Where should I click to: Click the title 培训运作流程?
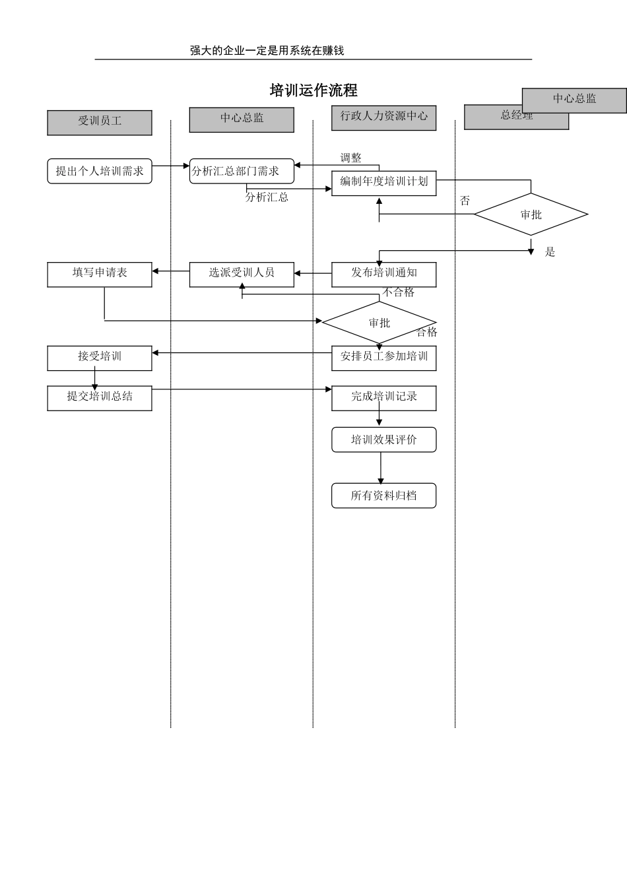313,90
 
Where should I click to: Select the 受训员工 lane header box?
100,123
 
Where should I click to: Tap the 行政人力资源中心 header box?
383,117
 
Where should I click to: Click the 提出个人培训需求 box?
100,171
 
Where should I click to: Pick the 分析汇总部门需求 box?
242,171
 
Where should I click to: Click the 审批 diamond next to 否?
531,214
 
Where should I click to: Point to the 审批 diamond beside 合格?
379,323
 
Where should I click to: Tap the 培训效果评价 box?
383,440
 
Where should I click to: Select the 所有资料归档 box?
383,496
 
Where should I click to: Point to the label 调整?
350,158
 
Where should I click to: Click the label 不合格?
399,292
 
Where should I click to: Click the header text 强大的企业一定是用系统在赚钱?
267,51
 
